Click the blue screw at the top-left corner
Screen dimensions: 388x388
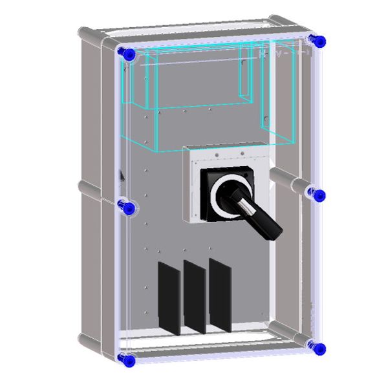click(x=127, y=54)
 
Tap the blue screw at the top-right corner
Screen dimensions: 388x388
click(x=317, y=41)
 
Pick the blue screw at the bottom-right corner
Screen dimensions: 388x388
click(x=316, y=348)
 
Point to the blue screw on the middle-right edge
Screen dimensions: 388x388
click(x=317, y=195)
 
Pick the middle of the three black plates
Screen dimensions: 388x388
click(x=194, y=296)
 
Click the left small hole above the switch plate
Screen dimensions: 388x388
click(x=215, y=154)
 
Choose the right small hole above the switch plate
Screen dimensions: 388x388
click(x=242, y=153)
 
